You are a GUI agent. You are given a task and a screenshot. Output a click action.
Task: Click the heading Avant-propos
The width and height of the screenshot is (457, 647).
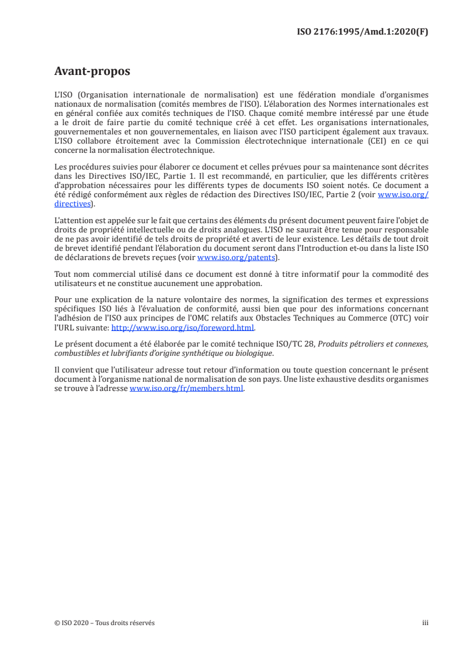click(x=92, y=72)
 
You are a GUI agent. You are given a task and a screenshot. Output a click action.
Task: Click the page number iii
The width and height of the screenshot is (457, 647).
click(x=425, y=623)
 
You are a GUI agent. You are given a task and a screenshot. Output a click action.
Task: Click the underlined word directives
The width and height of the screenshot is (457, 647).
click(x=72, y=204)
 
